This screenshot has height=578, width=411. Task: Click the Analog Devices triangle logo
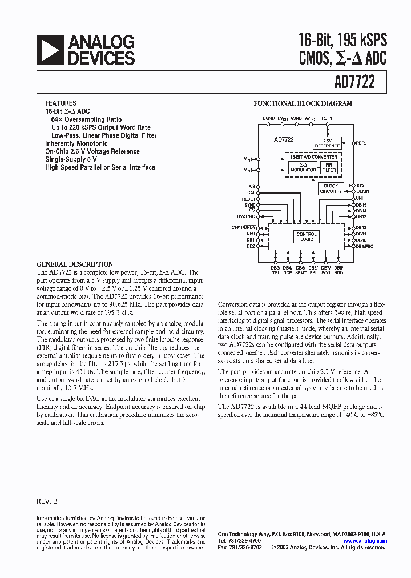(50, 50)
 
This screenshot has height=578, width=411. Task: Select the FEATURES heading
(61, 103)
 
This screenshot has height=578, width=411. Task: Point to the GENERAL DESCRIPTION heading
(75, 264)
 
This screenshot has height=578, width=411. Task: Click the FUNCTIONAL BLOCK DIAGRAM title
(303, 104)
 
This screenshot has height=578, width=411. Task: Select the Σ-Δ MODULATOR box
(303, 167)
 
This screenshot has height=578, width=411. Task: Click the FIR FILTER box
(329, 167)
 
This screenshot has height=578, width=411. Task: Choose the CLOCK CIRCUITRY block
(331, 188)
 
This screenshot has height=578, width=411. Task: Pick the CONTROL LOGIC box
(307, 237)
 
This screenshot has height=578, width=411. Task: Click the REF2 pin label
(361, 143)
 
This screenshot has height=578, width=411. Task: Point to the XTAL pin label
(361, 186)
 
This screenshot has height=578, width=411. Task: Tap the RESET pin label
(249, 199)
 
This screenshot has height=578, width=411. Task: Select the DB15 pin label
(361, 204)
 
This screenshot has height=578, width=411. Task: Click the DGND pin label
(268, 118)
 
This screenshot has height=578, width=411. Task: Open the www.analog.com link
(365, 540)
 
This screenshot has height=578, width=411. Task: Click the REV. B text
(47, 500)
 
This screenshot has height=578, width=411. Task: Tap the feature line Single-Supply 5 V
(71, 159)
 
